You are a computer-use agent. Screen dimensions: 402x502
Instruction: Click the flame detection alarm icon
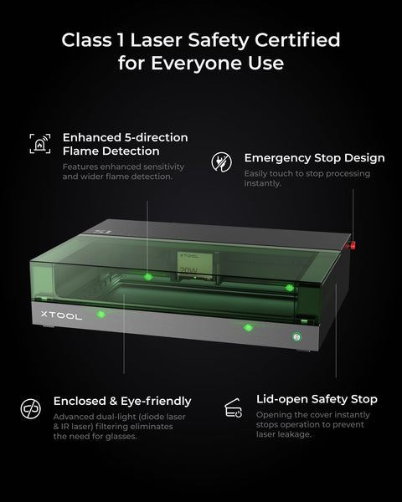pyautogui.click(x=40, y=144)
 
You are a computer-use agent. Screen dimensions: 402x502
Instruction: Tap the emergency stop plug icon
pyautogui.click(x=221, y=161)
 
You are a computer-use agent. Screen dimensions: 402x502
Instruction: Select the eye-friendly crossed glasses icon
pyautogui.click(x=31, y=408)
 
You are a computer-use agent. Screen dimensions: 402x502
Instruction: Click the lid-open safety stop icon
pyautogui.click(x=233, y=408)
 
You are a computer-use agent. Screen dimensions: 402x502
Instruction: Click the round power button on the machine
pyautogui.click(x=296, y=336)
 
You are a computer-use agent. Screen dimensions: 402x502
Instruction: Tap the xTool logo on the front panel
pyautogui.click(x=61, y=315)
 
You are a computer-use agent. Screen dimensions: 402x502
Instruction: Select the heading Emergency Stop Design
pyautogui.click(x=315, y=158)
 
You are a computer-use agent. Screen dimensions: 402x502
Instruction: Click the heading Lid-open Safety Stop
pyautogui.click(x=317, y=399)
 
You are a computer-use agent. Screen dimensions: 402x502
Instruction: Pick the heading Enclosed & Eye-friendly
pyautogui.click(x=122, y=401)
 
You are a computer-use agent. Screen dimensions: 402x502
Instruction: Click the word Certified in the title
pyautogui.click(x=297, y=40)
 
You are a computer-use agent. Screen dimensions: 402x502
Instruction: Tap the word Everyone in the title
pyautogui.click(x=197, y=64)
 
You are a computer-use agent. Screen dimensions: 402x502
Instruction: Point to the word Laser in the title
pyautogui.click(x=157, y=40)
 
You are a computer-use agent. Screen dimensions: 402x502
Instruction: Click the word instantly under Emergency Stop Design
pyautogui.click(x=262, y=183)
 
